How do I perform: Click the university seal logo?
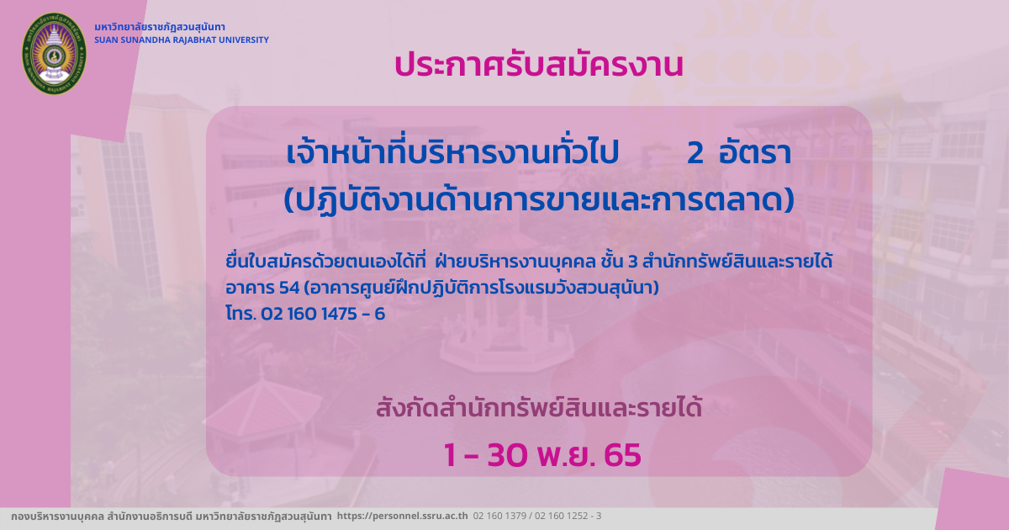click(x=55, y=54)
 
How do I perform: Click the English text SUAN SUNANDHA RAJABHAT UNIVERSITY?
click(x=182, y=40)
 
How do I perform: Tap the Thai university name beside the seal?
click(x=160, y=27)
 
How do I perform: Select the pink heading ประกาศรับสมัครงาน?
click(x=539, y=66)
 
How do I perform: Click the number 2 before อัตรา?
click(x=695, y=153)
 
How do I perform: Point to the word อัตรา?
click(x=755, y=152)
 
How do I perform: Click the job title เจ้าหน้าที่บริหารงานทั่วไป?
click(x=452, y=151)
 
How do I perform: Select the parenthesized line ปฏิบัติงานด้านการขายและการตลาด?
click(x=539, y=200)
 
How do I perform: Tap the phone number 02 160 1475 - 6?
click(x=323, y=314)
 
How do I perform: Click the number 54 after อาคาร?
click(x=289, y=288)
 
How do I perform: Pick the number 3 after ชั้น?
click(x=633, y=262)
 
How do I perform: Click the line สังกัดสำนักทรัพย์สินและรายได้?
click(x=539, y=407)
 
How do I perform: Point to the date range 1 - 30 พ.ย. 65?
click(x=542, y=455)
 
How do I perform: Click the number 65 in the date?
click(x=622, y=455)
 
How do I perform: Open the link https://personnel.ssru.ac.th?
click(x=402, y=516)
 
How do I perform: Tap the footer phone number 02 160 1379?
click(x=499, y=516)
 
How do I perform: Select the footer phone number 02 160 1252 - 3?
click(x=568, y=516)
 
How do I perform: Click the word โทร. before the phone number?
click(x=241, y=313)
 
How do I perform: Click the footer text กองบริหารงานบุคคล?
click(x=58, y=517)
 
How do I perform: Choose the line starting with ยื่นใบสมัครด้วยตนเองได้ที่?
click(x=529, y=262)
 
